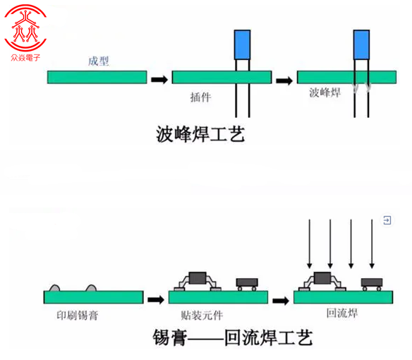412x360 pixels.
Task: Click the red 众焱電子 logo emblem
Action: [25, 28]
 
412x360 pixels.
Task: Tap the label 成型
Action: [98, 61]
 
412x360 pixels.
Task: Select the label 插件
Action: [200, 97]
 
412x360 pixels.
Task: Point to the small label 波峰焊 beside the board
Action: [325, 92]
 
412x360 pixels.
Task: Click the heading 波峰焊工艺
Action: [200, 134]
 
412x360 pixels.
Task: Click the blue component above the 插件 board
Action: [242, 44]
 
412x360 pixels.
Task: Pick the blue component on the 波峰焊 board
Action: [361, 44]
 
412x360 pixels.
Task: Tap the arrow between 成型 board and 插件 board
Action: [159, 80]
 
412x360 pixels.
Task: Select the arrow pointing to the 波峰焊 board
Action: [284, 80]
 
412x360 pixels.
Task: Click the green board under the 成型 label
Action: [97, 78]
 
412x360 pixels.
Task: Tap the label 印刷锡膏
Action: [78, 316]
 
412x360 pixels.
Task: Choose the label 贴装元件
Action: [202, 316]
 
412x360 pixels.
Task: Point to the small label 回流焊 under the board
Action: [342, 313]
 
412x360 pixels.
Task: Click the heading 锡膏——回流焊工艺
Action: [233, 337]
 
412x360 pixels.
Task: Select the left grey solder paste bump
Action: [54, 288]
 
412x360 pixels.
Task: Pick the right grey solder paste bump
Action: [91, 288]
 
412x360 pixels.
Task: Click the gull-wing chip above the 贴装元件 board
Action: [198, 281]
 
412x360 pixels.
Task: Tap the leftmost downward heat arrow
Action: [310, 244]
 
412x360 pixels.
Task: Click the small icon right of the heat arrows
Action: [387, 220]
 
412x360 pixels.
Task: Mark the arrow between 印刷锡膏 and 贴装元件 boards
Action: [156, 299]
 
